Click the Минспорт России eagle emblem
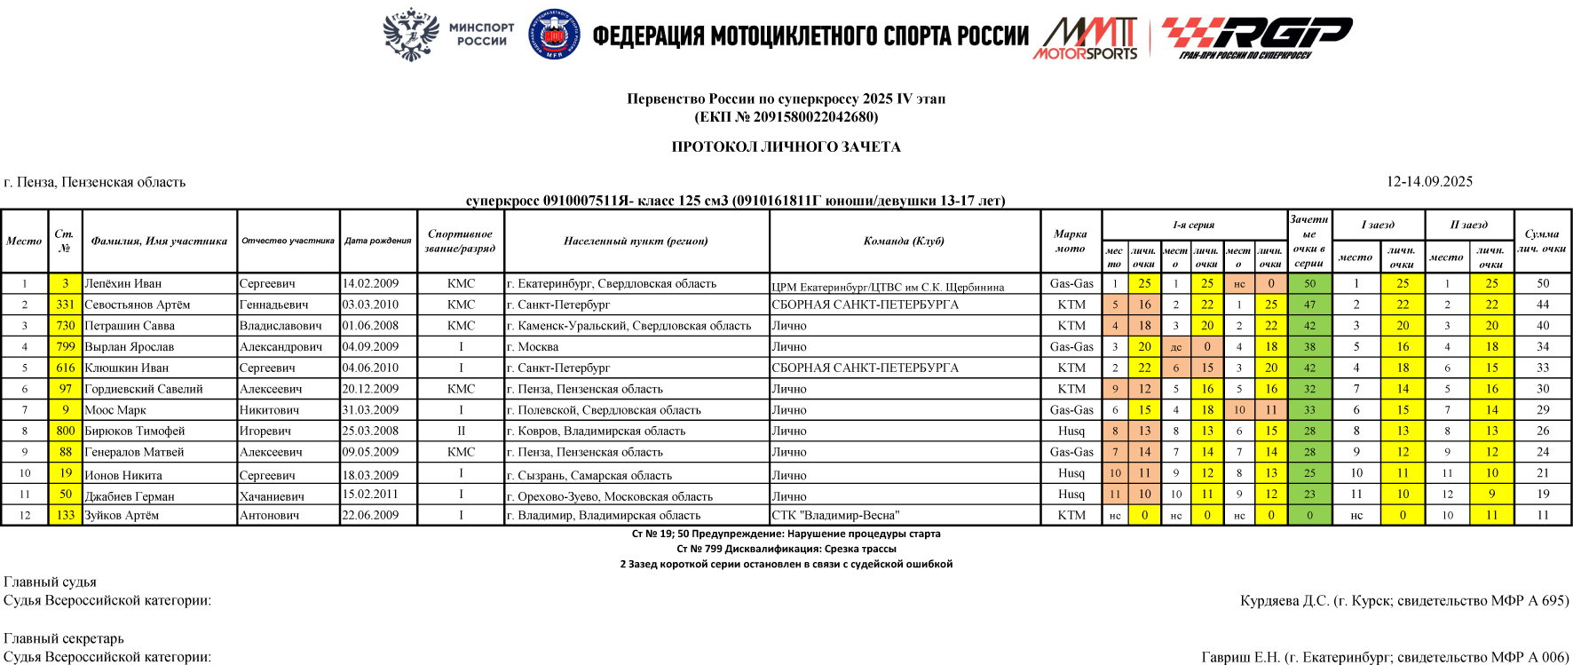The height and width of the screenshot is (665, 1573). [411, 34]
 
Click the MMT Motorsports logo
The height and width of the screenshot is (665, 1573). [1086, 38]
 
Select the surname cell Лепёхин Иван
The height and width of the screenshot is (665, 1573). [123, 284]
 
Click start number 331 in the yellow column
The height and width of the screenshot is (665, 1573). [66, 305]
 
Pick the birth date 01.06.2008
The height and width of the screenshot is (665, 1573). [370, 326]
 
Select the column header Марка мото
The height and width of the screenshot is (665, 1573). [1071, 241]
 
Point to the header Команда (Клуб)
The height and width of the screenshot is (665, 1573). [904, 241]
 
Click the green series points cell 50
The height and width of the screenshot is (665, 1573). [1309, 284]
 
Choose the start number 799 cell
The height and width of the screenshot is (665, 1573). [66, 347]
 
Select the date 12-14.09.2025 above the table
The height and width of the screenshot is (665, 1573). [1429, 182]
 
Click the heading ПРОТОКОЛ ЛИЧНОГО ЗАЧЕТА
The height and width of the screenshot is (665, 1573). [786, 147]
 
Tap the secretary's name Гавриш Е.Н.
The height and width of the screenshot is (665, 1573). [1240, 657]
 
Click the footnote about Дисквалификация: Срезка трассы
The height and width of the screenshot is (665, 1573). [786, 549]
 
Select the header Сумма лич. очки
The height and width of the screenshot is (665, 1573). [1542, 241]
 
